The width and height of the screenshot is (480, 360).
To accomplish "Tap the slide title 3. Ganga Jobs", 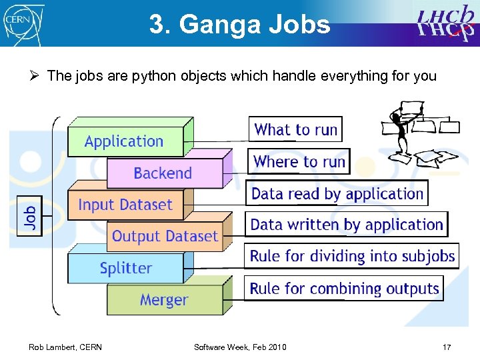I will point(239,25).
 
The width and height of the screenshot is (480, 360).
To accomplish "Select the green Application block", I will point(124,141).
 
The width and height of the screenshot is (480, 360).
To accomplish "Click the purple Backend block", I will point(163,173).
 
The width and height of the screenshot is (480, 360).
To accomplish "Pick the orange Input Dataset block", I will point(125,205).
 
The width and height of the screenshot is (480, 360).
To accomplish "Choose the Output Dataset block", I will point(165,236).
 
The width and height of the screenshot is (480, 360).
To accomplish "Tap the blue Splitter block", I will point(125,268).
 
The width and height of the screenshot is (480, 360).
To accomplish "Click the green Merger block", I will point(164,300).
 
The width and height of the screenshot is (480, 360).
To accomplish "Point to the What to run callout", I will point(296,129).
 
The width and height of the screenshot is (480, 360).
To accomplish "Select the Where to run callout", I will point(299,161).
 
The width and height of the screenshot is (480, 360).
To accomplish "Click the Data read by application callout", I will point(337,193).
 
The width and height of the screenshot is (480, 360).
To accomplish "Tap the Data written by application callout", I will point(347,225).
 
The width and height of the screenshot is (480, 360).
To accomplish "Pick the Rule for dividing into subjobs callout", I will point(352,256).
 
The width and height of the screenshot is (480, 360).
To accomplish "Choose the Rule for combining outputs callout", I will point(344,289).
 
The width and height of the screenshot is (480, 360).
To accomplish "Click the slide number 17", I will point(447,347).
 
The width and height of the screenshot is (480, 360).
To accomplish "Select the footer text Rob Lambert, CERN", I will point(65,347).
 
